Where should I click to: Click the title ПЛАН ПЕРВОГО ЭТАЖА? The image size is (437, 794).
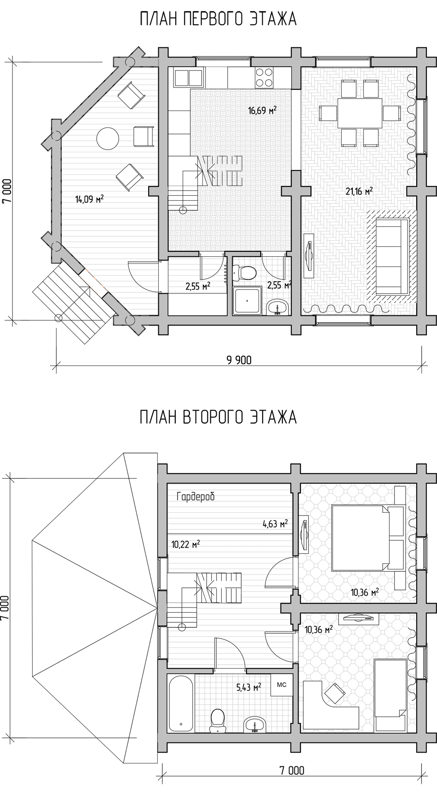tap(218, 19)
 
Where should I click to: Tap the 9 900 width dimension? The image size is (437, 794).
tap(239, 360)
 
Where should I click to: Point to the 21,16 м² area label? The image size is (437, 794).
tap(359, 191)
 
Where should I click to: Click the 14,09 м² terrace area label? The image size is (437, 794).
tap(89, 199)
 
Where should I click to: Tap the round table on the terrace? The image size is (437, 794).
tap(108, 138)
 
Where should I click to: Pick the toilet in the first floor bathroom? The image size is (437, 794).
tap(245, 272)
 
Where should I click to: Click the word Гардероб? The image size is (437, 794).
tap(195, 497)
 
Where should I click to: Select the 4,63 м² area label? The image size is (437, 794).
tap(275, 523)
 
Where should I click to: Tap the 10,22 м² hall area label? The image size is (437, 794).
tap(185, 544)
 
